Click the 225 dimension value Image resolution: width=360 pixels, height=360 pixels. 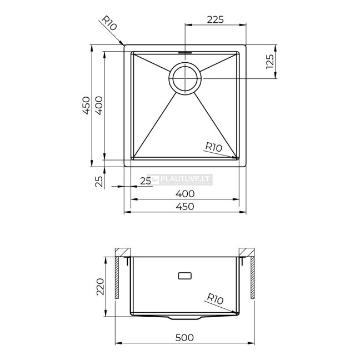click(215, 20)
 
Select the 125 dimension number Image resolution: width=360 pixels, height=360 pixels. click(270, 62)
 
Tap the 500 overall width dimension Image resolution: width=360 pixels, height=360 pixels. click(184, 338)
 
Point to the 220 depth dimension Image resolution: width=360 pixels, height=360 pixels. click(101, 287)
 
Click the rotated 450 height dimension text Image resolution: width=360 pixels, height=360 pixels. click(86, 106)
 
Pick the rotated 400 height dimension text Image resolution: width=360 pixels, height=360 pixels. click(99, 106)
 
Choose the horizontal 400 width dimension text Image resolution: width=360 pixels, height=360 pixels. click(185, 194)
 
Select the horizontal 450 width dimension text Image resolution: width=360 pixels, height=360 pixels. click(185, 207)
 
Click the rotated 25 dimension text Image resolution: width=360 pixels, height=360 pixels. click(99, 182)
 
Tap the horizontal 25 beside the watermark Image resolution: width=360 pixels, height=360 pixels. click(146, 181)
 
